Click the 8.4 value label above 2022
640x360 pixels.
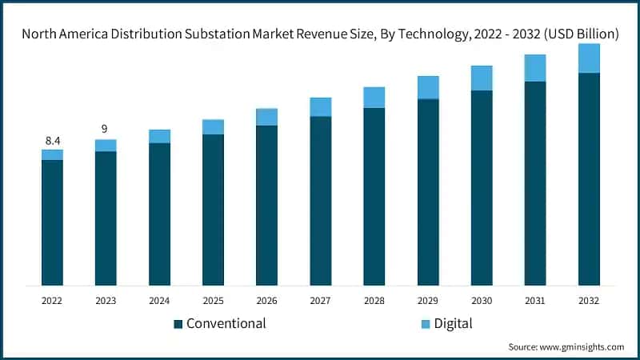52,141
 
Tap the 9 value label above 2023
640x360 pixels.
106,129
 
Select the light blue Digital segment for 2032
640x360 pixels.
589,58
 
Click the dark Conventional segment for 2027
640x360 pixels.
321,200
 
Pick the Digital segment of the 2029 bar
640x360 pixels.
428,87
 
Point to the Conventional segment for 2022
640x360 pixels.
52,222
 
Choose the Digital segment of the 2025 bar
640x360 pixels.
213,127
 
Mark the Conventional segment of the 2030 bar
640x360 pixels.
482,187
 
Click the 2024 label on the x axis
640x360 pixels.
159,301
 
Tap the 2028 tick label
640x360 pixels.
374,301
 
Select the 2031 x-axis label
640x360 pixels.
535,301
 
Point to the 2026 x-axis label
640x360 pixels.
266,301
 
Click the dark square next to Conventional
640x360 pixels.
178,324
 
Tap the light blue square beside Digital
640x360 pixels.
426,324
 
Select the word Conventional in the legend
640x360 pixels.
226,324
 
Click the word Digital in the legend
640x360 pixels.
454,324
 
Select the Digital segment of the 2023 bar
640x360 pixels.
106,145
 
